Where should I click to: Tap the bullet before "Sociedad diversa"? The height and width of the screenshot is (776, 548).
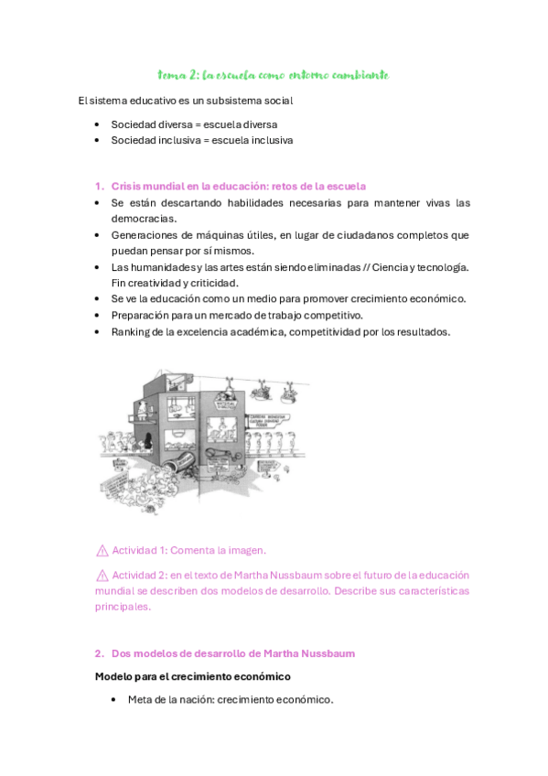[97, 124]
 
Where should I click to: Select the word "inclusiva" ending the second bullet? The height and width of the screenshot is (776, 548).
[268, 141]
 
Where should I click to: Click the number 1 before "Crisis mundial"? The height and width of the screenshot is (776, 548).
[98, 186]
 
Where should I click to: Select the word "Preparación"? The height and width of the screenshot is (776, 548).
[143, 315]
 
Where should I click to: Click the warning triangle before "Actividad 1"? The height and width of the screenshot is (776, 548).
[102, 550]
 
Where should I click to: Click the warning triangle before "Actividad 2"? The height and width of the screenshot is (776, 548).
[102, 575]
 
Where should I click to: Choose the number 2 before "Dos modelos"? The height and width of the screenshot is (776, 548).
[98, 653]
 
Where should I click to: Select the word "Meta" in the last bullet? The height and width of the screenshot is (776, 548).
[142, 700]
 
